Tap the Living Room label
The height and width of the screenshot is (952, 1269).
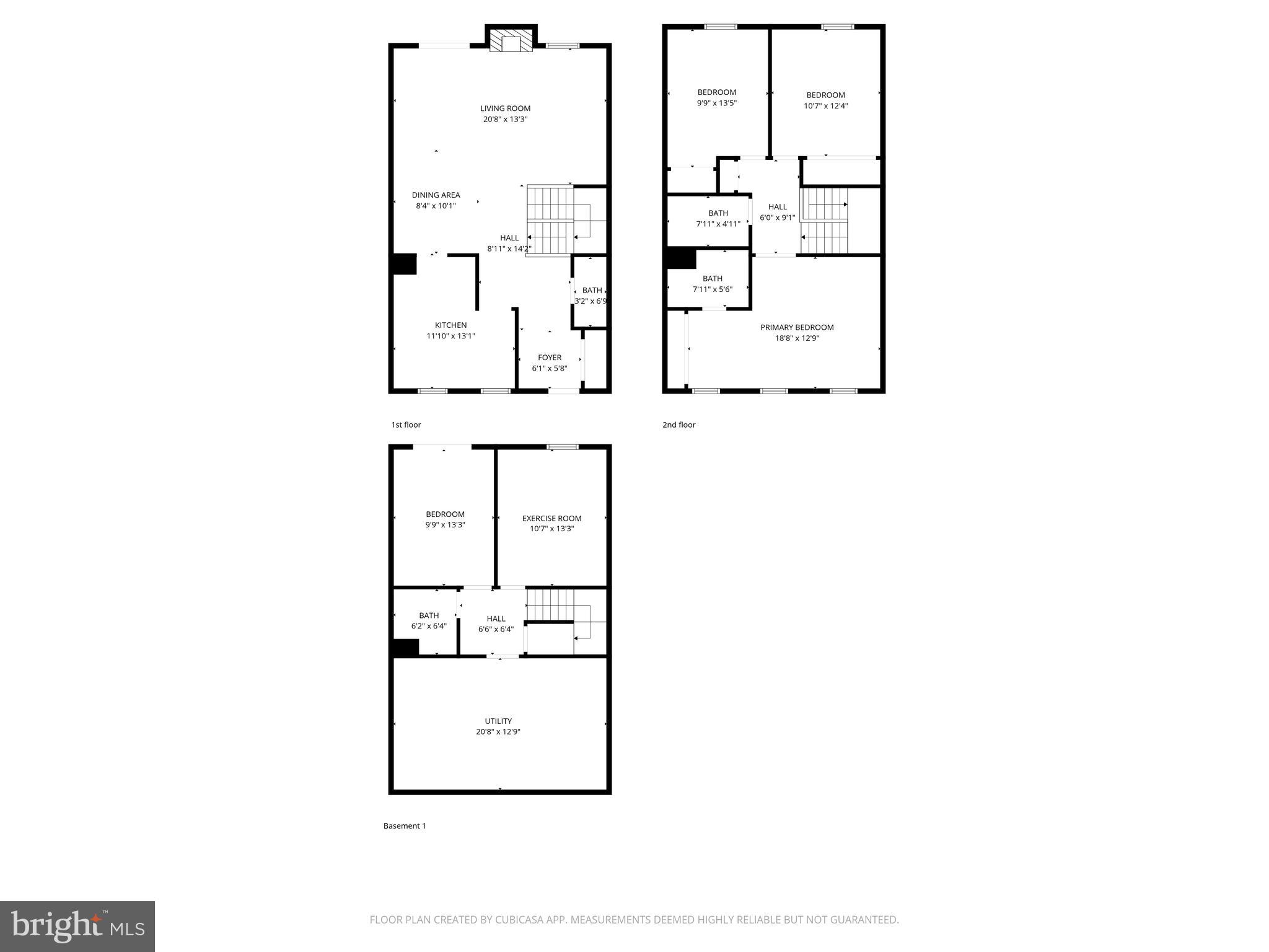coord(505,109)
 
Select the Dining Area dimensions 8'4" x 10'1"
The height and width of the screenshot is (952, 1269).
coord(436,206)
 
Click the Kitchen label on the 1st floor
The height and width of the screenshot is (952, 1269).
coord(450,325)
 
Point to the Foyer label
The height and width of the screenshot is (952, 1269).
coord(549,358)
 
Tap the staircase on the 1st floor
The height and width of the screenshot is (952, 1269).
coord(550,220)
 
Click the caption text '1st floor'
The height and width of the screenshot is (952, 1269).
coord(406,425)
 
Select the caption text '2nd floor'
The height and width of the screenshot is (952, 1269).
coord(678,425)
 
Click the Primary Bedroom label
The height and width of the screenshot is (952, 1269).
coord(797,327)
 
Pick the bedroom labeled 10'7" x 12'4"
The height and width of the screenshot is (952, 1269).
coord(825,100)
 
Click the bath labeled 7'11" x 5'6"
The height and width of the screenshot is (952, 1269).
coord(712,284)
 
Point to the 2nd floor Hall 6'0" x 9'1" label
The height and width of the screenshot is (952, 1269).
coord(777,212)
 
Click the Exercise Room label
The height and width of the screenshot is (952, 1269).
coord(551,519)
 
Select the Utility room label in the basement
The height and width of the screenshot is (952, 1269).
coord(498,721)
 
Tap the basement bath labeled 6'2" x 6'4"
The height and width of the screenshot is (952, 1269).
coord(428,621)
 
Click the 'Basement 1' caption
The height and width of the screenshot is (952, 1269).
coord(405,826)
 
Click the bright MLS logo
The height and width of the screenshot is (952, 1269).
coord(77,926)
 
